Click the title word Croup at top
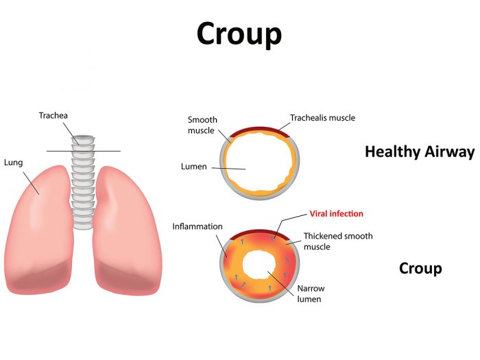(239, 33)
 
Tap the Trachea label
(53, 116)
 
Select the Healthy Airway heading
(420, 152)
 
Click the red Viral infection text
(336, 214)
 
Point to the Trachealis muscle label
(322, 118)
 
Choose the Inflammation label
(197, 226)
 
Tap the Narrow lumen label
(310, 293)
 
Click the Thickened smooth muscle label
(338, 241)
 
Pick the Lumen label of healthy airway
(193, 167)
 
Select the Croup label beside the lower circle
(420, 268)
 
